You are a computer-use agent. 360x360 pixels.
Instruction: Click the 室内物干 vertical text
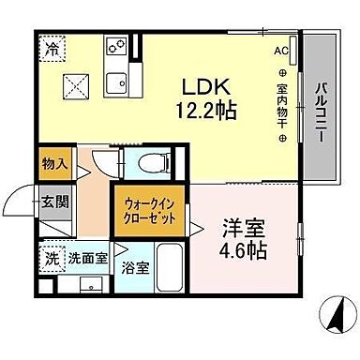[x=281, y=106]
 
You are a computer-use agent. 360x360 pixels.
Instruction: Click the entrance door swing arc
[x=19, y=200]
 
